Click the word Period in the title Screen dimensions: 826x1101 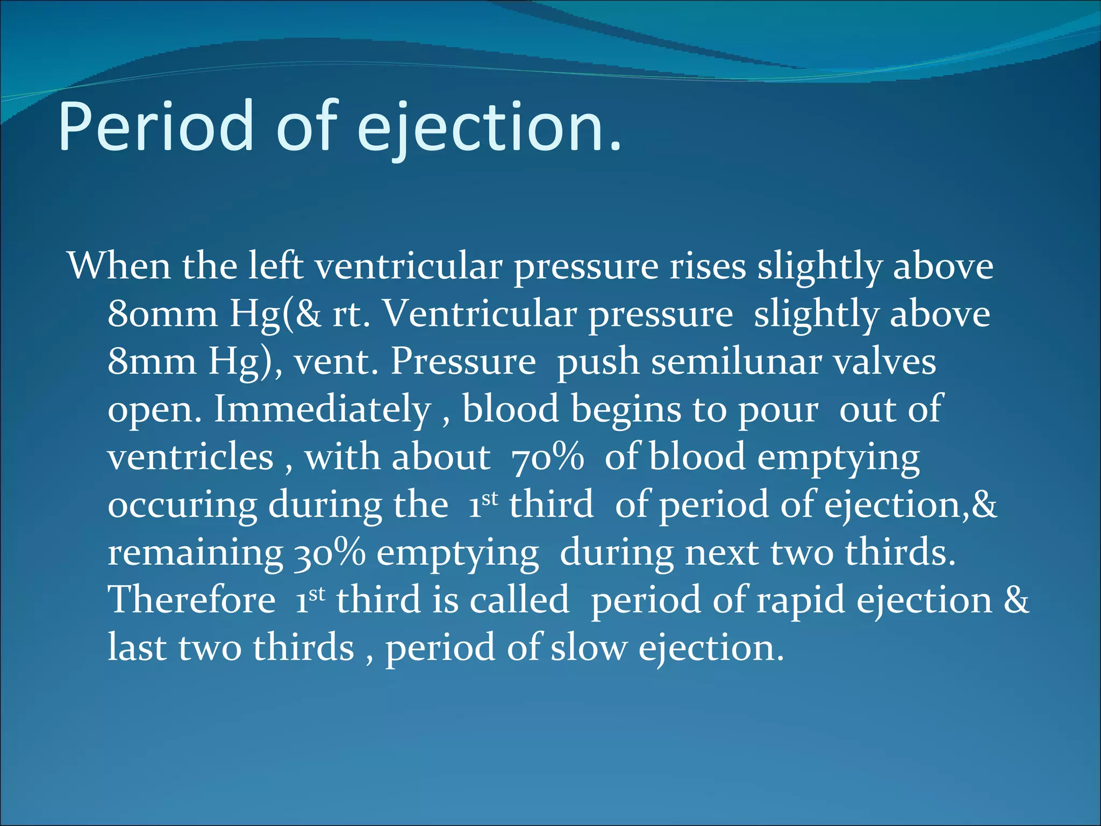(156, 126)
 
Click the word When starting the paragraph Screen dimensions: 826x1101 (119, 266)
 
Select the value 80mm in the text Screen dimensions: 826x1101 (162, 314)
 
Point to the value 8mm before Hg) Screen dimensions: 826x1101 (152, 361)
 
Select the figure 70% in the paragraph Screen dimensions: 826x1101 (547, 457)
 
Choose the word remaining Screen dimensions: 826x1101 (195, 553)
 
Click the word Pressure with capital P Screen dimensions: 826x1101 (463, 361)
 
